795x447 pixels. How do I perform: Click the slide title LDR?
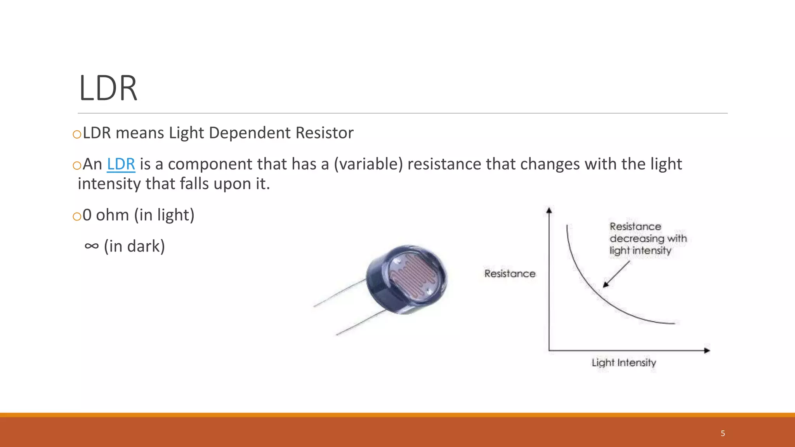[x=108, y=88]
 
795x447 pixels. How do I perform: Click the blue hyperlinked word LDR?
[x=121, y=164]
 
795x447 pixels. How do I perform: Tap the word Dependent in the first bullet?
[x=250, y=133]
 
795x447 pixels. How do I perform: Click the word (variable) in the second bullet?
[x=368, y=164]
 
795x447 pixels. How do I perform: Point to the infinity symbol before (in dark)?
[x=92, y=246]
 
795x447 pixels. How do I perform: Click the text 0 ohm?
[x=106, y=215]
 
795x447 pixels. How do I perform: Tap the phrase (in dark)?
[x=134, y=246]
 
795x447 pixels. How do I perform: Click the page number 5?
[x=723, y=433]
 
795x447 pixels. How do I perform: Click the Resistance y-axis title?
[x=510, y=274]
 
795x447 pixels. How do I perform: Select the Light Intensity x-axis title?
[x=623, y=362]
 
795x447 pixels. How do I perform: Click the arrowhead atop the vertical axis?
[x=549, y=210]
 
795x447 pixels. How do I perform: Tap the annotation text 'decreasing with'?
[x=648, y=238]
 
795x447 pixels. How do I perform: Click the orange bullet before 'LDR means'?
[x=77, y=134]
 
